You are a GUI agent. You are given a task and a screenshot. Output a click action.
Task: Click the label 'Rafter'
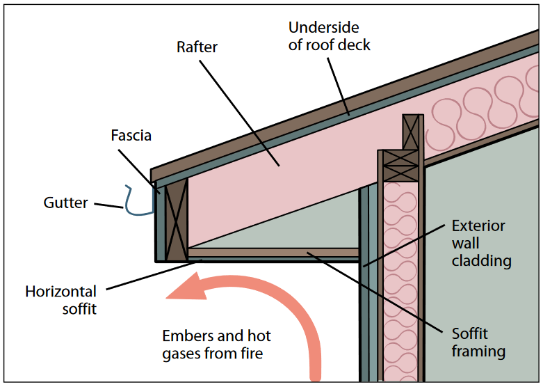(x=197, y=47)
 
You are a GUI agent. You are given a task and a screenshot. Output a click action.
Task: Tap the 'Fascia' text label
(x=131, y=135)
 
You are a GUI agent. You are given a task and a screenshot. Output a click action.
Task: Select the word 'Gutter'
(x=66, y=203)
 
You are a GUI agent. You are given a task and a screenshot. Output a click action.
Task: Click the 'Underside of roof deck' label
(x=330, y=36)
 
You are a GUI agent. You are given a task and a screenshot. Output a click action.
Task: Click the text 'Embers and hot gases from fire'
(x=216, y=345)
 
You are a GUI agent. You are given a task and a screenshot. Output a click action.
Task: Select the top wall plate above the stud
(x=412, y=132)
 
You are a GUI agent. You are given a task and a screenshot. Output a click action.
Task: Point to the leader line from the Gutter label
(x=108, y=206)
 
